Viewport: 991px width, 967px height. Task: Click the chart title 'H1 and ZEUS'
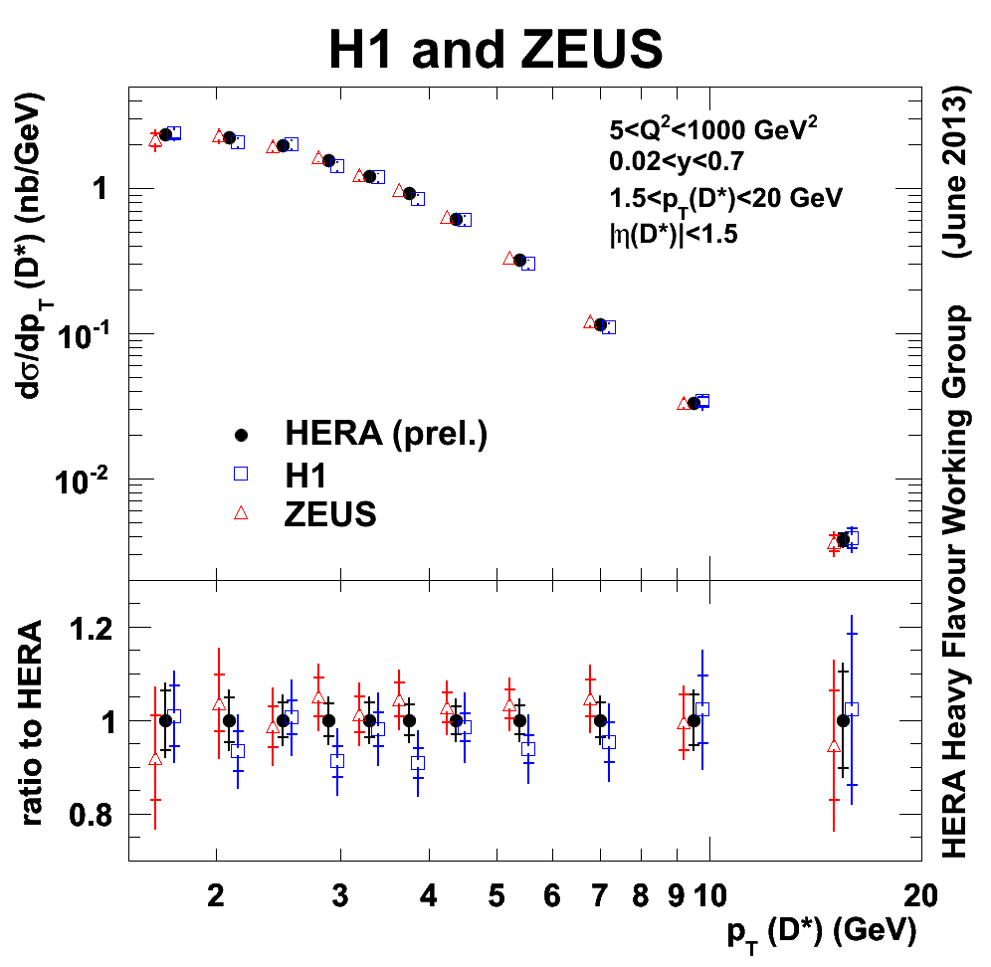[x=495, y=48]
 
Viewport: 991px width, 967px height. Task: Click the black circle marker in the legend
[x=240, y=435]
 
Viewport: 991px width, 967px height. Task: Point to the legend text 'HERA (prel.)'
[x=385, y=435]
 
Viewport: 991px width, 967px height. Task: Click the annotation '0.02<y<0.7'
[x=676, y=162]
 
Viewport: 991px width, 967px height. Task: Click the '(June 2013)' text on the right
[x=957, y=179]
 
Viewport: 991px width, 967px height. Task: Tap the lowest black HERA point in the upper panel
[x=843, y=539]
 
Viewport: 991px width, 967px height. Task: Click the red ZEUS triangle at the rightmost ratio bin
[x=834, y=746]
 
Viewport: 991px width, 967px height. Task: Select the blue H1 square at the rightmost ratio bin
[x=851, y=709]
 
